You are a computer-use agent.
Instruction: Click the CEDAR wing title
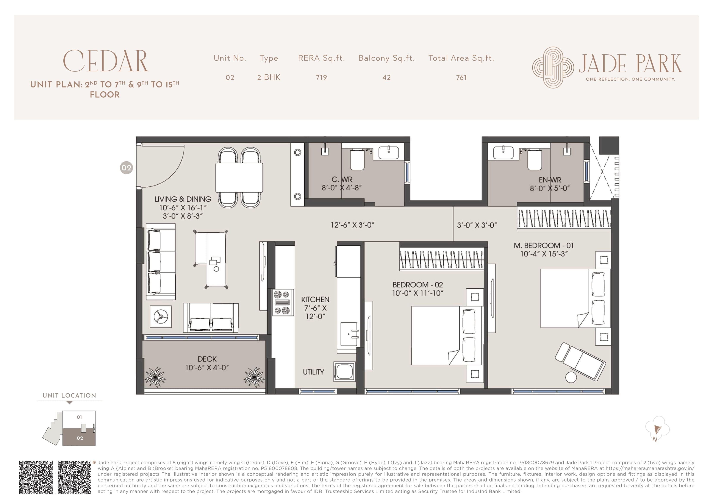tap(106, 61)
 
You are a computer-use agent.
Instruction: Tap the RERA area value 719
tap(321, 78)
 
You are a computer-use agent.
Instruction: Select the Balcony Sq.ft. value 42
tap(386, 78)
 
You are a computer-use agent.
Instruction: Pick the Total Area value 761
tap(461, 78)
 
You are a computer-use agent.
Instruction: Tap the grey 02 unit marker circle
tap(126, 168)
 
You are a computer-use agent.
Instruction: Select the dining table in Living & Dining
tap(239, 178)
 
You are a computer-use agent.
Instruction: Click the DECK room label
tap(207, 359)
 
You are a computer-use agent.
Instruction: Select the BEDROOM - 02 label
tap(417, 285)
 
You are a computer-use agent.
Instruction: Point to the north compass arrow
tap(657, 430)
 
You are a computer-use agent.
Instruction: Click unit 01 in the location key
tap(79, 417)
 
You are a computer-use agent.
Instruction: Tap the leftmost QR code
tap(36, 477)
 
